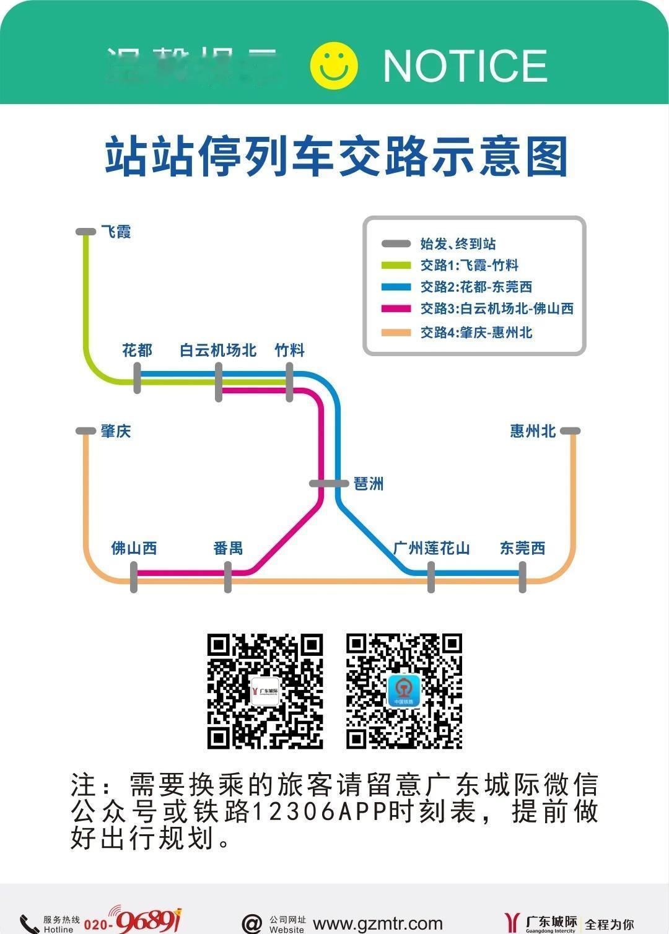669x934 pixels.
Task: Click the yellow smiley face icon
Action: pos(334,66)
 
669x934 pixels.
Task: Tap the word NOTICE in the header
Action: pos(465,66)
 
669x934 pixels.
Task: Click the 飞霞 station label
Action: pos(116,232)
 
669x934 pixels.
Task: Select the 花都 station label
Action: pos(137,351)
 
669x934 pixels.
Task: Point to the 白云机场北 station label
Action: pos(218,351)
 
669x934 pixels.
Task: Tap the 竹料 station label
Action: pos(289,351)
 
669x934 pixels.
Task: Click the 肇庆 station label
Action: pos(116,431)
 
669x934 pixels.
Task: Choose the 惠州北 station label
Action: pos(533,431)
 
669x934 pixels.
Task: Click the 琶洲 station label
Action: pos(369,484)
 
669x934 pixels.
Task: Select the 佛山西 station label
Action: pos(134,548)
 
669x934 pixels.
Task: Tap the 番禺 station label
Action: pos(228,548)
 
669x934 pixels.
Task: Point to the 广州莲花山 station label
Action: pos(431,548)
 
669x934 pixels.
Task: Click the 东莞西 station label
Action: pos(522,548)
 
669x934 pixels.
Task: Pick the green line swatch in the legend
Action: pos(396,266)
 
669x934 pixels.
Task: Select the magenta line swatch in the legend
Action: pos(396,308)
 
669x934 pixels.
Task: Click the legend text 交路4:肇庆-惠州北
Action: pos(476,333)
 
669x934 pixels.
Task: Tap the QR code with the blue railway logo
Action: pos(404,691)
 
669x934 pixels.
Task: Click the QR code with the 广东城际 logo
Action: pos(265,691)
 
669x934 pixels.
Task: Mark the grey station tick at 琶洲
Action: pos(329,484)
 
